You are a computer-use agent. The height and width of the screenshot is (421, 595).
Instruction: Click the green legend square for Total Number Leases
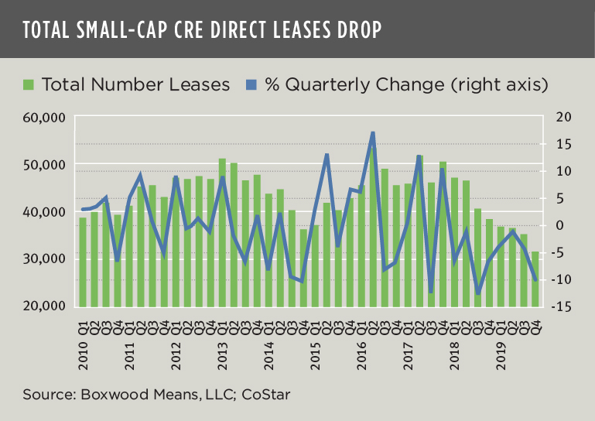[29, 84]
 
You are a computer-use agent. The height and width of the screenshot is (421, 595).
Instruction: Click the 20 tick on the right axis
[562, 117]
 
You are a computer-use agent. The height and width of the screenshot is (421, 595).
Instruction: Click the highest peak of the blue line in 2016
[373, 133]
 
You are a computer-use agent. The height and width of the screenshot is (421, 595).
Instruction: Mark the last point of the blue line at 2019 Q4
[535, 280]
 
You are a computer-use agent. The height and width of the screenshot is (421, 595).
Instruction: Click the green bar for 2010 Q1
[83, 262]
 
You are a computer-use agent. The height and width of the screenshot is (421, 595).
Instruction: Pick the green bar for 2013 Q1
[222, 232]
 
